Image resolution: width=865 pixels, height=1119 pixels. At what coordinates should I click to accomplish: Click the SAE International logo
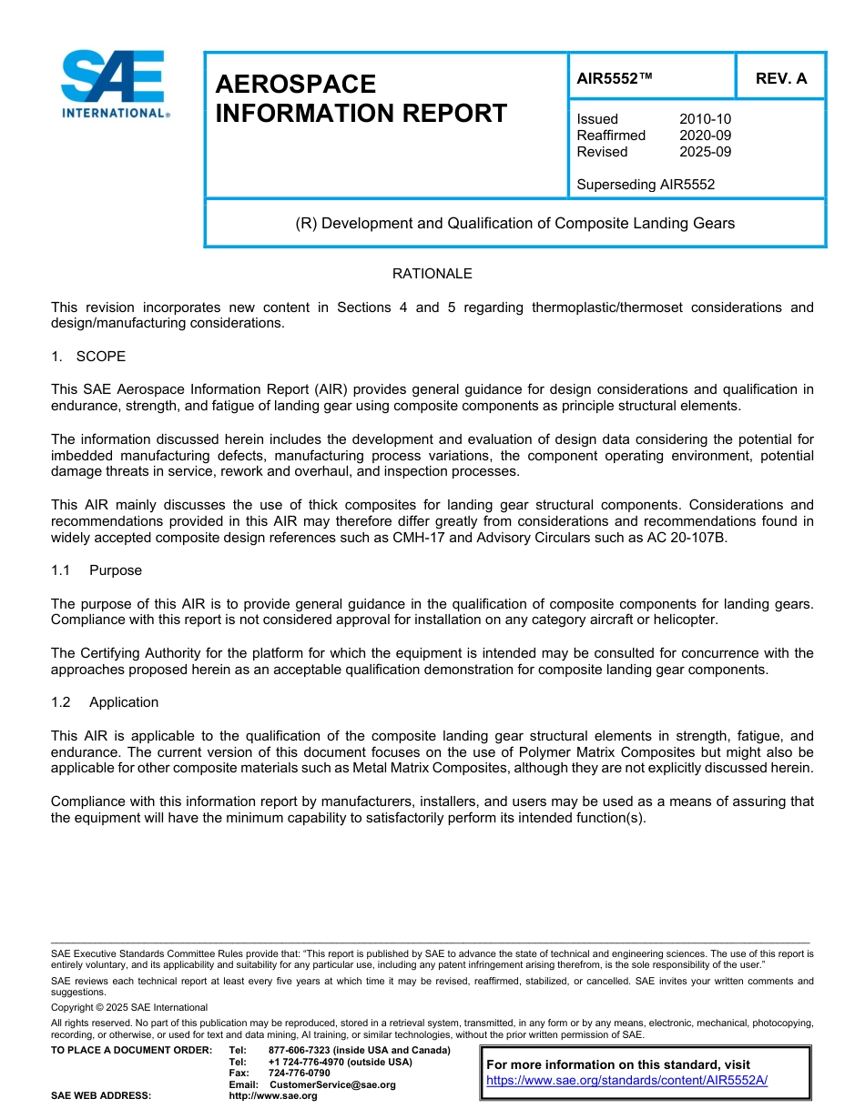pos(114,84)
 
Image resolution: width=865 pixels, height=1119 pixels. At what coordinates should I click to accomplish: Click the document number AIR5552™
pos(615,78)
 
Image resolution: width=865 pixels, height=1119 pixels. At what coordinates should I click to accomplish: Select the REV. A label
pos(780,78)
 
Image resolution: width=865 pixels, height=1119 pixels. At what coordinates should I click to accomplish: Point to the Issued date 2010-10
pos(705,119)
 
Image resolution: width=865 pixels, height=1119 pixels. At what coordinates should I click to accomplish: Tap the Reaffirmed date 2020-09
pos(705,136)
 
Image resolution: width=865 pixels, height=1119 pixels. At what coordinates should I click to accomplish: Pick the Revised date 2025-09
pos(705,152)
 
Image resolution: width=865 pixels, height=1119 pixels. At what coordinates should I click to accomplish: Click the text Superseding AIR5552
pos(646,185)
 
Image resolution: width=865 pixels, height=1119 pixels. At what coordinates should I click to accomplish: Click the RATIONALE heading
pos(432,274)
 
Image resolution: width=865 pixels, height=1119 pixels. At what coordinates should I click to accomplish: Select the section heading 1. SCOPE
pos(88,356)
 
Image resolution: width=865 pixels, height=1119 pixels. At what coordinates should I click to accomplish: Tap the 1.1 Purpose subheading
pos(97,570)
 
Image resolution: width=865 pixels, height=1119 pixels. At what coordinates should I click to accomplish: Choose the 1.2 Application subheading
pos(105,702)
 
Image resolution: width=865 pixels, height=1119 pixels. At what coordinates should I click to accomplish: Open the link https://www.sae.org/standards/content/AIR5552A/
pos(627,1081)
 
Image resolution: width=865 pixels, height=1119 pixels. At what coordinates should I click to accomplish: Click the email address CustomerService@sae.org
pos(332,1084)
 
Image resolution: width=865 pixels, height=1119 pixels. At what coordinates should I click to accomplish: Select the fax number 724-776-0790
pos(299,1073)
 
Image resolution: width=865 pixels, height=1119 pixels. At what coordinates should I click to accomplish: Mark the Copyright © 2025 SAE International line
pos(129,1007)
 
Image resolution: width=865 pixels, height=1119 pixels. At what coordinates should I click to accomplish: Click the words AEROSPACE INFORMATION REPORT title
pos(361,98)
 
